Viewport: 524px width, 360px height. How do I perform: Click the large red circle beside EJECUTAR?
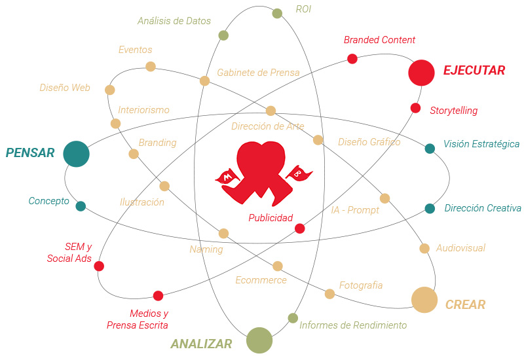[421, 73]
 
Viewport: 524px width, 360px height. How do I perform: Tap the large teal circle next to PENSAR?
[76, 154]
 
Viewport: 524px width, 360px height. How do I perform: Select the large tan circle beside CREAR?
[424, 300]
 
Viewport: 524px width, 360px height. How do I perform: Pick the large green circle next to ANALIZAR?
[259, 340]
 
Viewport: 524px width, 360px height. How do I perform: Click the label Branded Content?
[379, 40]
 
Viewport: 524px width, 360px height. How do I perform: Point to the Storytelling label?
[453, 111]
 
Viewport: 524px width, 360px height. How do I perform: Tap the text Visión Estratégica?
[481, 144]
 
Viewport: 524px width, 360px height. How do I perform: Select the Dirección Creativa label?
[482, 208]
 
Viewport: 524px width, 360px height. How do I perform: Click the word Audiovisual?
[460, 248]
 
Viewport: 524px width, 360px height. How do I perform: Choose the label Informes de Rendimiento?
[353, 325]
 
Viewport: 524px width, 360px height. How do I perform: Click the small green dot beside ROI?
[277, 13]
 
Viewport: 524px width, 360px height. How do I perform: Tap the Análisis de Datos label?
[174, 21]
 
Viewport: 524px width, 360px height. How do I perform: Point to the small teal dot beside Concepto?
[81, 206]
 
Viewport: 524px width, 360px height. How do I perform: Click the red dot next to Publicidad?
[299, 228]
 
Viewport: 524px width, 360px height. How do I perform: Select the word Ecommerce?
[261, 280]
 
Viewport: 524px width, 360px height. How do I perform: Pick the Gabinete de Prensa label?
[258, 73]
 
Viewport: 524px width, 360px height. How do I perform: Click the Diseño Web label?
[65, 88]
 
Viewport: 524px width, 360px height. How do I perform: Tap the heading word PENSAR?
[30, 153]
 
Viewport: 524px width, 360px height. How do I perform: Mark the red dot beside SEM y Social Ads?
[99, 266]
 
